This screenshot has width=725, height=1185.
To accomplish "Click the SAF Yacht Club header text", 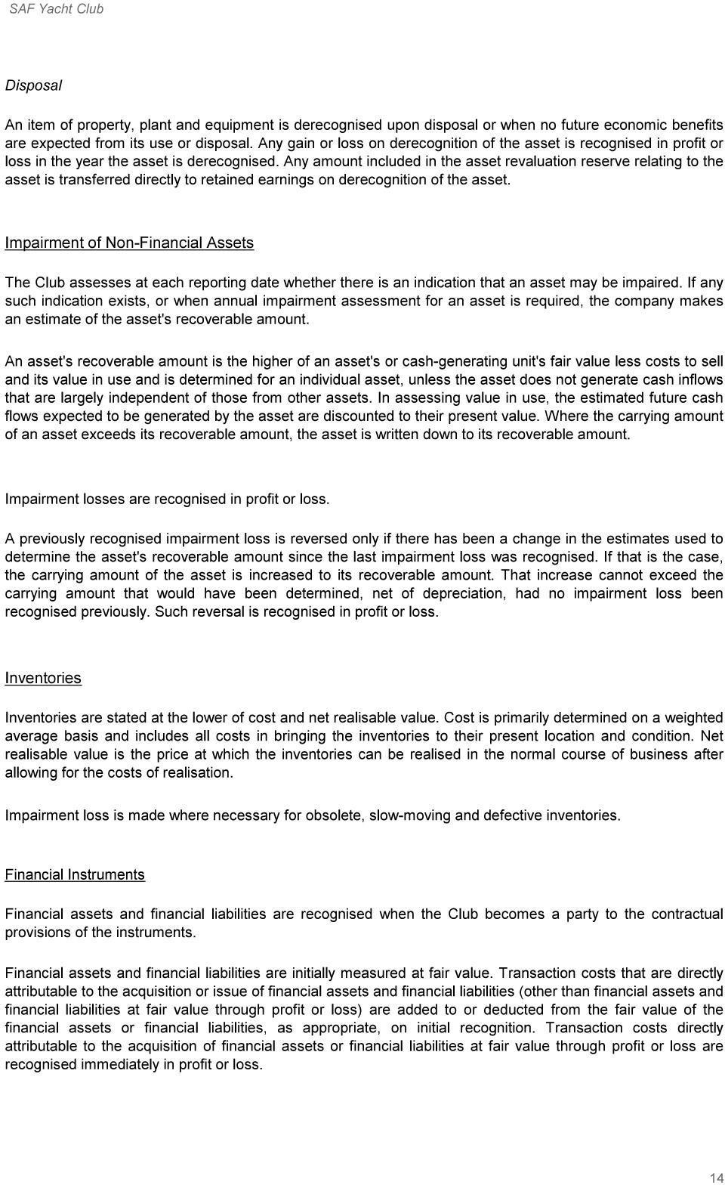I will [x=56, y=9].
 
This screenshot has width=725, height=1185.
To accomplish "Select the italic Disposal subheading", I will [x=33, y=85].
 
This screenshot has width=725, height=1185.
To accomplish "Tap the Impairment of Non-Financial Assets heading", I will [x=129, y=243].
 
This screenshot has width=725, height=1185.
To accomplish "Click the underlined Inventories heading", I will [x=43, y=678].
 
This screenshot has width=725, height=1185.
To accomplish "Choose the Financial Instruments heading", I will [x=75, y=874].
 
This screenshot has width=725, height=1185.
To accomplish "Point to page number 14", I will [x=716, y=1177].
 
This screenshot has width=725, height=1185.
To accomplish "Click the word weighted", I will [x=694, y=717].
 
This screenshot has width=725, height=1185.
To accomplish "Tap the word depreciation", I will [x=466, y=593].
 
